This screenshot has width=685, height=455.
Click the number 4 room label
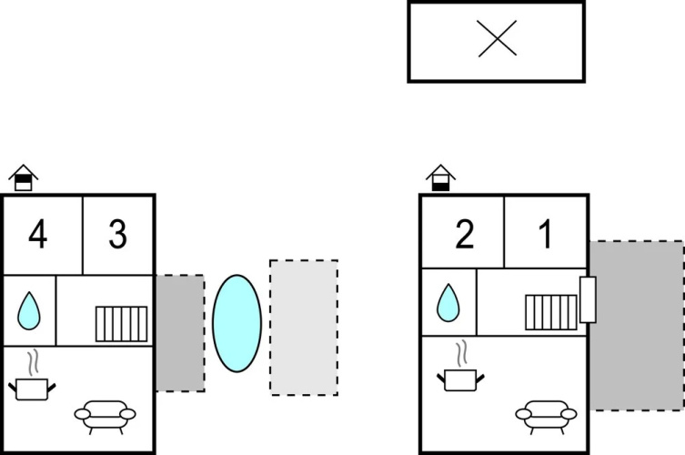click(x=38, y=234)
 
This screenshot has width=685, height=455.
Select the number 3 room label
click(x=118, y=234)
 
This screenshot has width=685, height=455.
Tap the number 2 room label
click(x=464, y=234)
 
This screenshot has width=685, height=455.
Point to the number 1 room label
click(x=546, y=234)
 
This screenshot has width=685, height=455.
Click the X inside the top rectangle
click(x=498, y=38)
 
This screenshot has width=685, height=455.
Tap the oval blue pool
click(x=237, y=323)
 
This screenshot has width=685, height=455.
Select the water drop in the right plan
click(x=448, y=303)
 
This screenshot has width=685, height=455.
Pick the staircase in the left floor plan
click(x=122, y=324)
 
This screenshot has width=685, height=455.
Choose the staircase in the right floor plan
click(x=551, y=312)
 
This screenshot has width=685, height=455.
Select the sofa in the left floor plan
click(x=105, y=417)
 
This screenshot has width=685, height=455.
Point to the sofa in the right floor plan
click(x=546, y=417)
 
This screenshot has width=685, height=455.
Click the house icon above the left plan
click(x=24, y=177)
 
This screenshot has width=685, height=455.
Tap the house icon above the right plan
click(x=441, y=177)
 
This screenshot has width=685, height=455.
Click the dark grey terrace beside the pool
click(x=180, y=333)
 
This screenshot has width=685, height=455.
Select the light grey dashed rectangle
click(x=304, y=328)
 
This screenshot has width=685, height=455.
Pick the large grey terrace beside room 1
click(x=637, y=326)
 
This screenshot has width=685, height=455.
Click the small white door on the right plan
click(x=588, y=299)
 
